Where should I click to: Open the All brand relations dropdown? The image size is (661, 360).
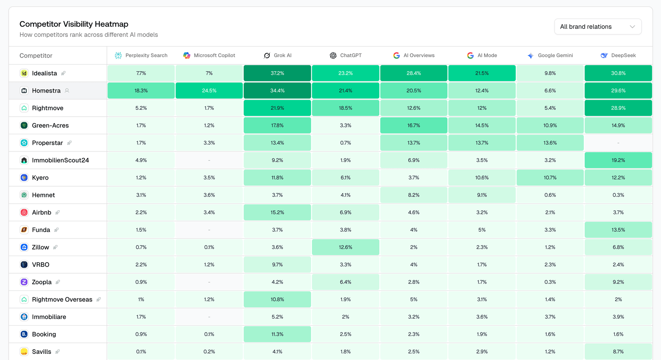(598, 27)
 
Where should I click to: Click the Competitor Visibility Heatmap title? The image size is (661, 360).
(74, 24)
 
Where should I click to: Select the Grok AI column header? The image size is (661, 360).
(277, 55)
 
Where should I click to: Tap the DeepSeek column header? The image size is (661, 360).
(618, 55)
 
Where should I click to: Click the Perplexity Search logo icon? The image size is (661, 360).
(118, 55)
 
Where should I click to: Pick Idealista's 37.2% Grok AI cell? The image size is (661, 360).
(277, 73)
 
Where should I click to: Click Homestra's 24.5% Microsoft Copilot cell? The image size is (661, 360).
(209, 91)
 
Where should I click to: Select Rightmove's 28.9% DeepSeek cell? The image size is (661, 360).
(618, 108)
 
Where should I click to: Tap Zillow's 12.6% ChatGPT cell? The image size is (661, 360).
(346, 247)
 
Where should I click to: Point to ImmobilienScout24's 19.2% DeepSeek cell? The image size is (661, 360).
(618, 160)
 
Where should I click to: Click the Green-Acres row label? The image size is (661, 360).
(50, 125)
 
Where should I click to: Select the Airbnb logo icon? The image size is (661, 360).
(24, 212)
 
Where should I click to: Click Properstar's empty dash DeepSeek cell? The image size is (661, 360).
(618, 143)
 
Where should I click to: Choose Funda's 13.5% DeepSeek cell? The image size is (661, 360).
(618, 230)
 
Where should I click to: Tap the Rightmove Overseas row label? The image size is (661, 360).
(62, 299)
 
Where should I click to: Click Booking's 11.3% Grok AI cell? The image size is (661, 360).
(277, 334)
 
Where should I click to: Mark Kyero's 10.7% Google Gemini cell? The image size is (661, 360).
(550, 178)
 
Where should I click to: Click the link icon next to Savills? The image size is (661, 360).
(57, 352)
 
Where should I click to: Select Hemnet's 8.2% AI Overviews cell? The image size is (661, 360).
(414, 195)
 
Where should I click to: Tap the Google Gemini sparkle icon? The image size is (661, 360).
(531, 55)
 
